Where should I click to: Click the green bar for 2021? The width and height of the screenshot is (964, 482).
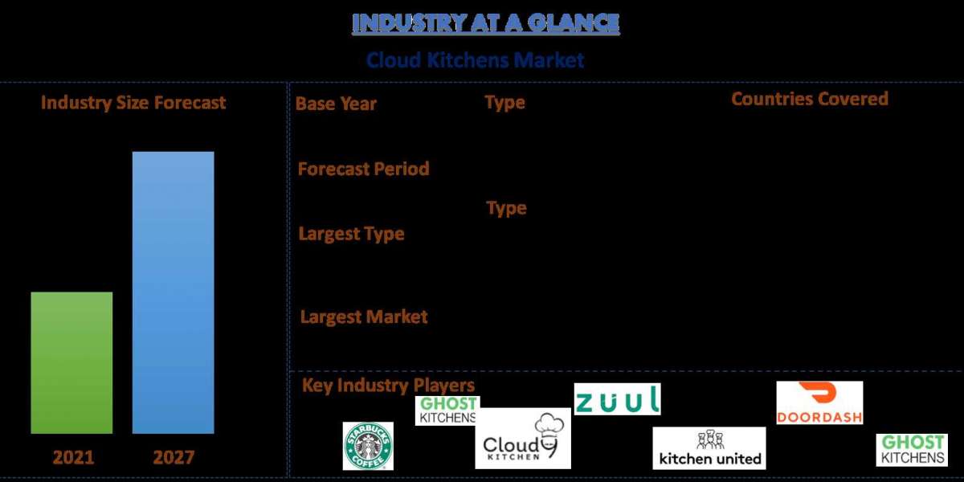[71, 362]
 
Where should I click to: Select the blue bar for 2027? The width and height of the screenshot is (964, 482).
[173, 292]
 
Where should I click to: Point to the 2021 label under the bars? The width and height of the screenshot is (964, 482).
[73, 458]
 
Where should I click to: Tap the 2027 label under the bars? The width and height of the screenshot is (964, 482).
[174, 458]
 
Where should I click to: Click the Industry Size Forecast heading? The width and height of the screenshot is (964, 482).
[133, 103]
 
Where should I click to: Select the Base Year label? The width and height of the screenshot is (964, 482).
[336, 104]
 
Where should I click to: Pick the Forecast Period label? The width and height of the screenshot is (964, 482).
[363, 169]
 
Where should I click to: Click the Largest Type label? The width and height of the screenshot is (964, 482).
[351, 234]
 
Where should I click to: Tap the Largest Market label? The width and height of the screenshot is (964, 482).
[363, 317]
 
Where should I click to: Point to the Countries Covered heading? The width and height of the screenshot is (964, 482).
[809, 99]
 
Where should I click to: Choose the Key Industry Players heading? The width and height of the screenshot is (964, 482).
[388, 386]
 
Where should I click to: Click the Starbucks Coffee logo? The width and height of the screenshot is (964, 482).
[368, 446]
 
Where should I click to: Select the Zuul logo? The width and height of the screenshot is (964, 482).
[617, 399]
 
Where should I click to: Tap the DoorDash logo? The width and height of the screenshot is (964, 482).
[819, 402]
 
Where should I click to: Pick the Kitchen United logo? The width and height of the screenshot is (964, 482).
[709, 448]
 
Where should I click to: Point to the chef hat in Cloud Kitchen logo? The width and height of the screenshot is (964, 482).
[549, 426]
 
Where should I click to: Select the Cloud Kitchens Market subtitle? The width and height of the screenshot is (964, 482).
[475, 60]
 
